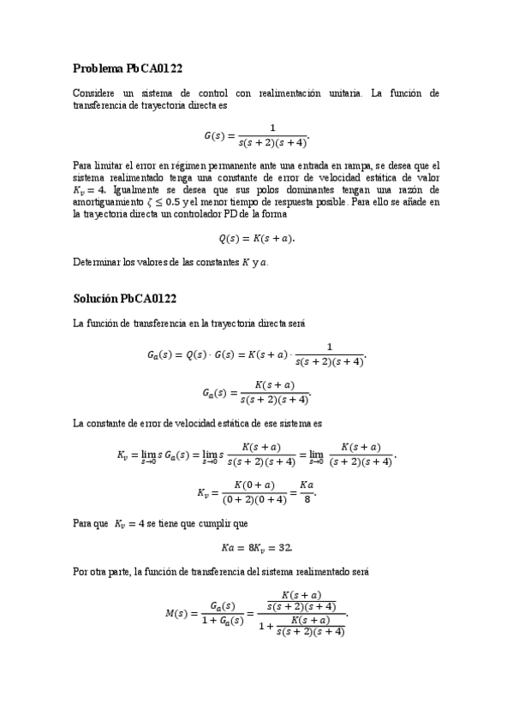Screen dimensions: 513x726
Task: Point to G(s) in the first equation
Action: coord(216,135)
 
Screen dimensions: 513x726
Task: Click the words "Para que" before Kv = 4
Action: coord(91,523)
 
